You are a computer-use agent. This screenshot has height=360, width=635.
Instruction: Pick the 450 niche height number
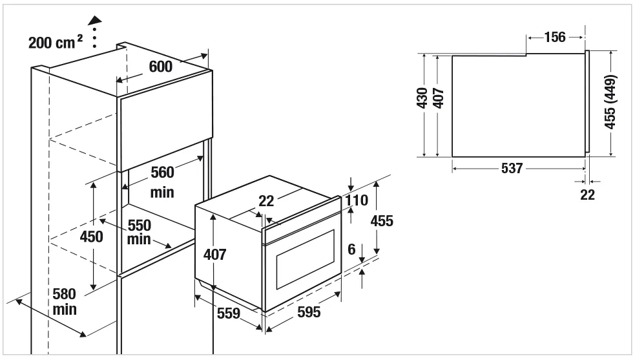pyautogui.click(x=91, y=237)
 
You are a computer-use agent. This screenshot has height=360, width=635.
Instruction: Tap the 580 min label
pyautogui.click(x=65, y=302)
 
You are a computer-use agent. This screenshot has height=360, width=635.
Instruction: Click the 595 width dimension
pyautogui.click(x=308, y=313)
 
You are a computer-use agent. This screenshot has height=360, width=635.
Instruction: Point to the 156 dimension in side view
pyautogui.click(x=554, y=37)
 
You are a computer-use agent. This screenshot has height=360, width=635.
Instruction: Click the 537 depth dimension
pyautogui.click(x=512, y=169)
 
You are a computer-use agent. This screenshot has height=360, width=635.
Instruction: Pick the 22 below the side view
pyautogui.click(x=587, y=195)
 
